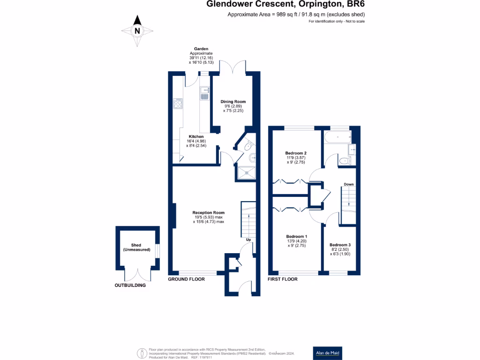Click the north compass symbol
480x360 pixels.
coord(137,31)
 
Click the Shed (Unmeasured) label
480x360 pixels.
coord(136,247)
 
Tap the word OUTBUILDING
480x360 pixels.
coord(130,285)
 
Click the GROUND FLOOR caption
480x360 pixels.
coord(187,279)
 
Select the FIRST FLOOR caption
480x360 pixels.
coord(282,279)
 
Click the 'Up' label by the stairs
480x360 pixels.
coord(248,240)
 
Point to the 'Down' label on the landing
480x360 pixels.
coord(349,184)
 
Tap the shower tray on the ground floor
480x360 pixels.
coord(247,172)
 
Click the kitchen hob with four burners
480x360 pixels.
coord(178,103)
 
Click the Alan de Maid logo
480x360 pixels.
coord(327,353)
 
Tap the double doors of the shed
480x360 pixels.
coord(137,274)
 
